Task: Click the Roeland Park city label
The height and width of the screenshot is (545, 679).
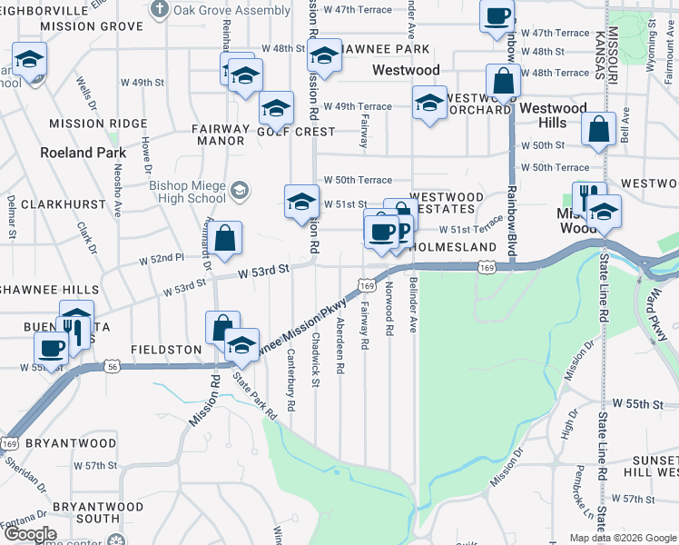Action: click(x=83, y=153)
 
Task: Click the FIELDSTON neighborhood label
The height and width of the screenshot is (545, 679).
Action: click(x=165, y=349)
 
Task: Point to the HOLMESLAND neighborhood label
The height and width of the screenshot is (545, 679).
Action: click(x=453, y=247)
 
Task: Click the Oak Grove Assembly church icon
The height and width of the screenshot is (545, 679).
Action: click(x=160, y=10)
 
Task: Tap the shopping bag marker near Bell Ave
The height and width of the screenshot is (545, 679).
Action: click(x=599, y=131)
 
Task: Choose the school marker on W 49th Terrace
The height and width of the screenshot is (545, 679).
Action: click(x=428, y=103)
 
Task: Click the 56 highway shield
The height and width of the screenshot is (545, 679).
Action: click(x=111, y=365)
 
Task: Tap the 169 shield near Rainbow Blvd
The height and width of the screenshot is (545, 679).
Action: click(x=488, y=268)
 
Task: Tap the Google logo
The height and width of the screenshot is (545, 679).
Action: click(x=29, y=534)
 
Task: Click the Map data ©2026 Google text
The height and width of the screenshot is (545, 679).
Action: click(x=622, y=538)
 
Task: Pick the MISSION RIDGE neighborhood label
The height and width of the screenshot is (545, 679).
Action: click(x=98, y=124)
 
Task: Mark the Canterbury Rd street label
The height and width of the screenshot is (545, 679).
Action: click(x=291, y=381)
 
